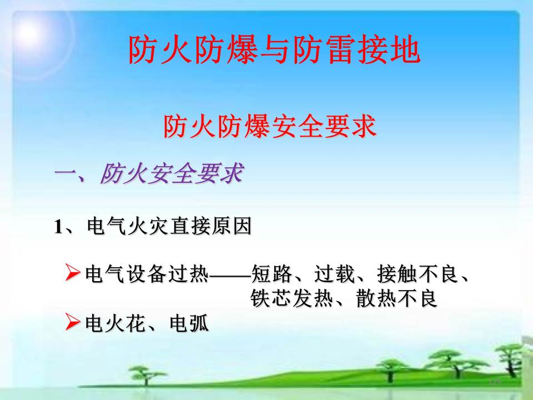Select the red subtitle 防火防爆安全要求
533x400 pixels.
coord(270,126)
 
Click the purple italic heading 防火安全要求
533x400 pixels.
coord(172,173)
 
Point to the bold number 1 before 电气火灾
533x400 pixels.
coord(58,226)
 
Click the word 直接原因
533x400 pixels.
coord(210,226)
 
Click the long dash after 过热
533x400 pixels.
coord(230,274)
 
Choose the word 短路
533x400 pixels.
coord(271,274)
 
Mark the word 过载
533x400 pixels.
coord(334,274)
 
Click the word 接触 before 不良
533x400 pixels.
coord(398,274)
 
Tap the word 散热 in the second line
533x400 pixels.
coord(376,298)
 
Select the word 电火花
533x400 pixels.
coord(116,323)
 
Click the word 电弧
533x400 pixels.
coord(189,323)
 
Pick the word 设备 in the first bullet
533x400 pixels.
coord(147,274)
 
